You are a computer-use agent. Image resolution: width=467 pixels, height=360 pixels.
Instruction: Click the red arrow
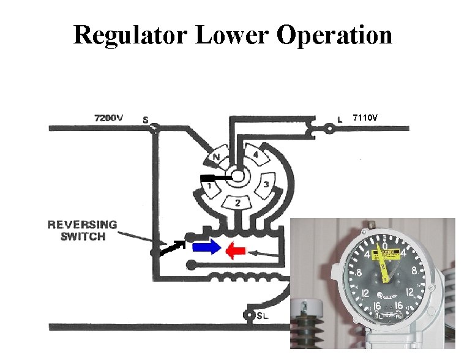235,250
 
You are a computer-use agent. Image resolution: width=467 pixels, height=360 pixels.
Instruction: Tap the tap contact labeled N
216,158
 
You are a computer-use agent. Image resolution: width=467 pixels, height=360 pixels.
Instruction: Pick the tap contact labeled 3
266,184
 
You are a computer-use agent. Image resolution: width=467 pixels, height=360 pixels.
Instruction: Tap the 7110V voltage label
366,116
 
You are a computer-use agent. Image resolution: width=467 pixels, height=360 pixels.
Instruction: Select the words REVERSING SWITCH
82,230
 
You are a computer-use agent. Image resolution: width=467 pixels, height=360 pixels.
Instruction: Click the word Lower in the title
233,35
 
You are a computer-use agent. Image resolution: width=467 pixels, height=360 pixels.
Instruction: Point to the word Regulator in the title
131,35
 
